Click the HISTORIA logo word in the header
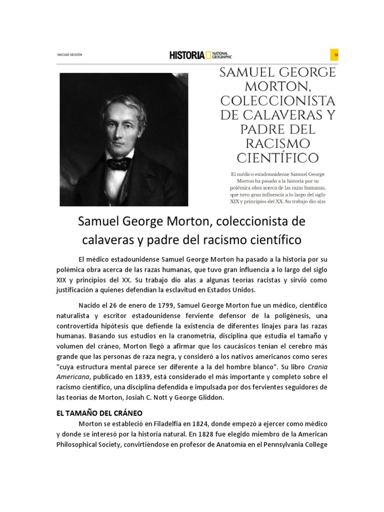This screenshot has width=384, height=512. [186, 55]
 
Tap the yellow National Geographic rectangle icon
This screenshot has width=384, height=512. [208, 55]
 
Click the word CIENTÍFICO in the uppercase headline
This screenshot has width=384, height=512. [277, 158]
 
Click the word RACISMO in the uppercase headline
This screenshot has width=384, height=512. [277, 144]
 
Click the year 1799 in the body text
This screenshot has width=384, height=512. [150, 305]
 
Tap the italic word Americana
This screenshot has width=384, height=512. [73, 376]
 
